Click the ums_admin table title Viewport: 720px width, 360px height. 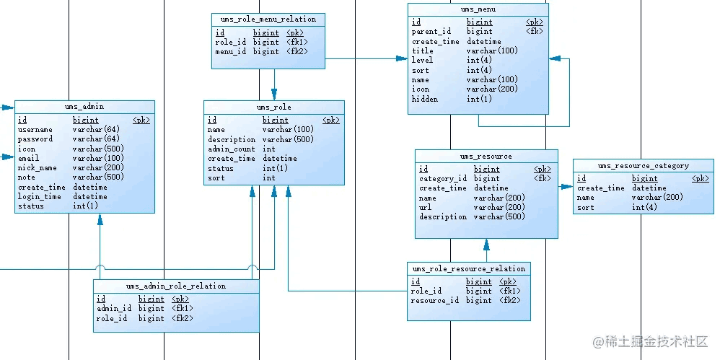[x=84, y=107]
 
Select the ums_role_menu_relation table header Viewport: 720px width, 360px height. [x=268, y=19]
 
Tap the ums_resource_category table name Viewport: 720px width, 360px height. [x=644, y=166]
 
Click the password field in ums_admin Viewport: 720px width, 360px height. [x=35, y=139]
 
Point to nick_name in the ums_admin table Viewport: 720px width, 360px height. [x=38, y=167]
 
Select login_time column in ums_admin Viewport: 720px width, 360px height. [x=40, y=196]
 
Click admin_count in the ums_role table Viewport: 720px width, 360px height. [x=232, y=149]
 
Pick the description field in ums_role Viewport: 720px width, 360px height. [x=232, y=139]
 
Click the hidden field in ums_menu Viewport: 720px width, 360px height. [x=425, y=99]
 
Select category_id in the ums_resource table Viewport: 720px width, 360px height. [x=443, y=179]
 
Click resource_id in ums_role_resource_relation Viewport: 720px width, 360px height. [x=435, y=301]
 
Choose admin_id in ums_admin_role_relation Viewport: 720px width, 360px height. [x=114, y=309]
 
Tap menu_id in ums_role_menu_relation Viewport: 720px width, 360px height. [x=231, y=52]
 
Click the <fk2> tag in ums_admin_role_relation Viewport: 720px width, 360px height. [x=183, y=318]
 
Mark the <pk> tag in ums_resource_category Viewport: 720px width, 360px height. [x=701, y=179]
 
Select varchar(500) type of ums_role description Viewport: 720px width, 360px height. [x=289, y=139]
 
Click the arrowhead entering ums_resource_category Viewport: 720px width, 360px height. [x=566, y=187]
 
